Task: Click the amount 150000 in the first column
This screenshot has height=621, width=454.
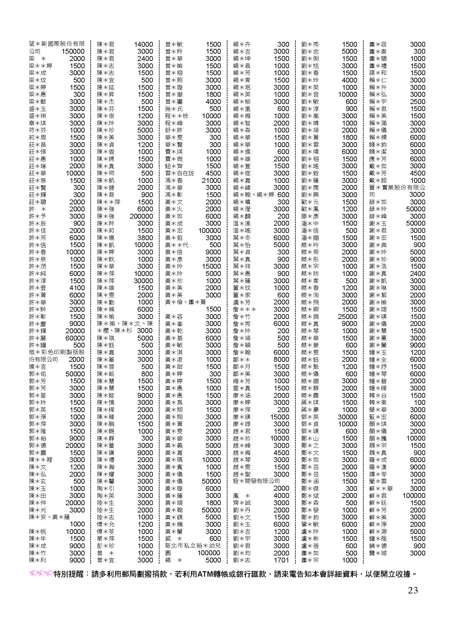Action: point(73,52)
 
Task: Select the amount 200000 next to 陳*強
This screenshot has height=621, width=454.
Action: point(141,216)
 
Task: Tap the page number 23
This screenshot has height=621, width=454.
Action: point(413,590)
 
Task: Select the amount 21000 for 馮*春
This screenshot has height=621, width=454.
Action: point(211,180)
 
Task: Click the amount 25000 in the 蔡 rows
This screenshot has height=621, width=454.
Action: point(347,317)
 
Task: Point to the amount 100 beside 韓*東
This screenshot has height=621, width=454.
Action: point(419,403)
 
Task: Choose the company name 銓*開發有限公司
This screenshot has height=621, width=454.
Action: point(256,481)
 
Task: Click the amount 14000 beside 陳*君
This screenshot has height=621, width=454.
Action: point(143,44)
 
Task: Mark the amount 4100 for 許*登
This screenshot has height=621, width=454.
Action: point(77,288)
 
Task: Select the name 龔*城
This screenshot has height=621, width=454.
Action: point(378,553)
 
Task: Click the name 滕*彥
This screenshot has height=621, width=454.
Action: point(310,216)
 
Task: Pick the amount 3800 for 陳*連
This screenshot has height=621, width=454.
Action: point(145,238)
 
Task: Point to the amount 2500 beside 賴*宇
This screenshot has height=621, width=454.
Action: point(418,102)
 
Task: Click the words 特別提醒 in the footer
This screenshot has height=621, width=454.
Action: point(68,574)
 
